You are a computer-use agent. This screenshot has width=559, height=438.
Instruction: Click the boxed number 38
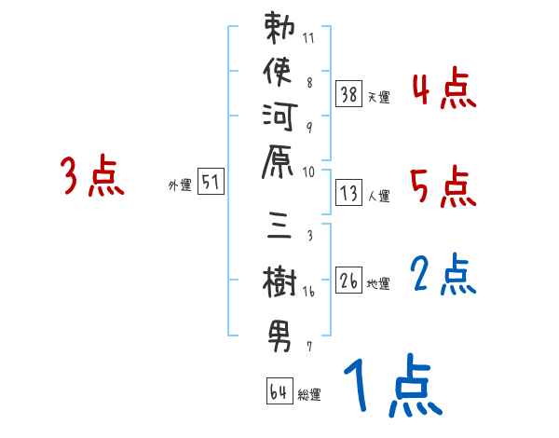coord(348,93)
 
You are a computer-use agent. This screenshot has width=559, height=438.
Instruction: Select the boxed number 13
coord(348,192)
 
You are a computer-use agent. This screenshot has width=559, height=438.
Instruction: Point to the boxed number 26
coord(348,280)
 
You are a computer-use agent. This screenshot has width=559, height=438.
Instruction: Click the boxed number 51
coord(211,183)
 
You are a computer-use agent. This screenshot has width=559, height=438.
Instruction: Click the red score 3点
coord(92,177)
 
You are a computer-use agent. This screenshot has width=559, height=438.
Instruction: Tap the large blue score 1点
coord(392,387)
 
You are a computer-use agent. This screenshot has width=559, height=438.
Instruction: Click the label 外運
coord(179,185)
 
